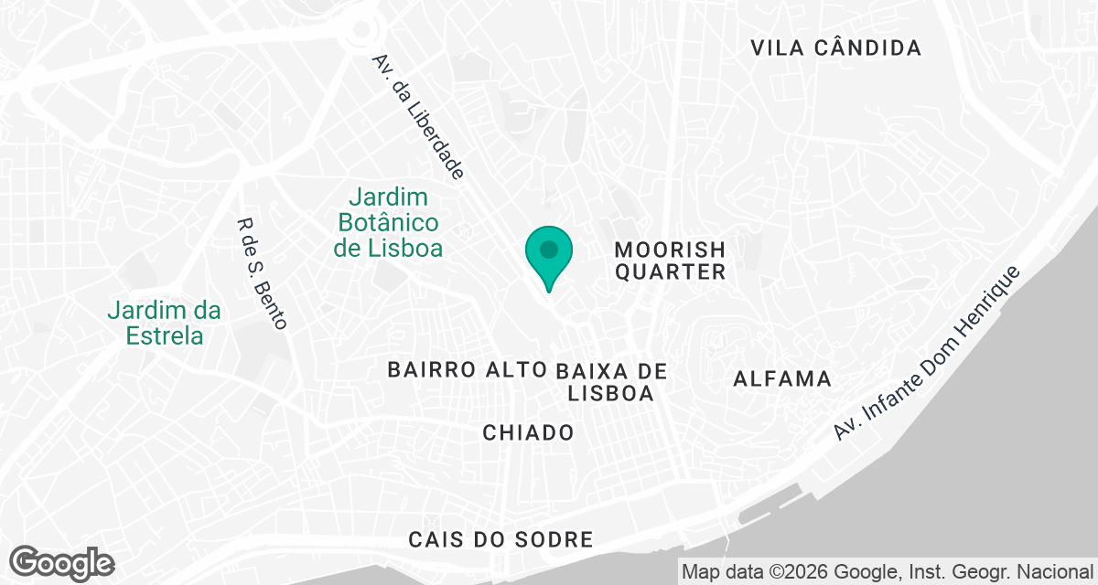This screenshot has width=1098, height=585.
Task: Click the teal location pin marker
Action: coord(548,252)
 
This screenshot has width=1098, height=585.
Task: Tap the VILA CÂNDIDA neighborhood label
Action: coord(835,48)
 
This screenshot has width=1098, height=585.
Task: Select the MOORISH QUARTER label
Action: coord(670,261)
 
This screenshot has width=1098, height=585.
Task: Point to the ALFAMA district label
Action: coord(783,379)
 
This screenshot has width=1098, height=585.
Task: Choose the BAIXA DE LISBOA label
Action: coord(610,382)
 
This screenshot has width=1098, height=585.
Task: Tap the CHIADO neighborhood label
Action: coord(528,432)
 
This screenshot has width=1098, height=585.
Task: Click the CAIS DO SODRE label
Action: coord(501,539)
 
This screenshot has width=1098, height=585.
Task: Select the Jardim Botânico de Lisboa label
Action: coord(389,222)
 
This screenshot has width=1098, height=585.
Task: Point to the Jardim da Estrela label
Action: coord(164,323)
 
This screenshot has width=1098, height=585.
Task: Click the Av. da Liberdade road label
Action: coord(419,116)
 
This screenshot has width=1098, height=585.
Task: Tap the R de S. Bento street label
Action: coord(262,273)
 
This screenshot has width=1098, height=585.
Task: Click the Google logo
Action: coord(63,562)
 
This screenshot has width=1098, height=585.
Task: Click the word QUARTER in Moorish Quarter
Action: coord(670,272)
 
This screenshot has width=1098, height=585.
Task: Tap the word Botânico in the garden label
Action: coord(389,222)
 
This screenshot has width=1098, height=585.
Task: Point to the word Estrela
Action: coord(164,335)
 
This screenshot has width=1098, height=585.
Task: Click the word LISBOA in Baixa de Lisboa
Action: coord(610,394)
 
